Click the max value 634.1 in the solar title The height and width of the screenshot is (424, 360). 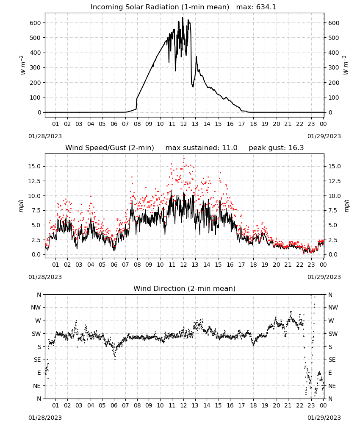pos(266,7)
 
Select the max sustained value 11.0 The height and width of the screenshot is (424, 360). pos(230,148)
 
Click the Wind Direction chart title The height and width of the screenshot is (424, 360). pos(185,288)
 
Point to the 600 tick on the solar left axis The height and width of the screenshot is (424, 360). pos(35,23)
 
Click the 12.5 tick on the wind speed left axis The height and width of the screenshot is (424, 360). pos(34,181)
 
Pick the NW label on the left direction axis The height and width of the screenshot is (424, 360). pos(36,307)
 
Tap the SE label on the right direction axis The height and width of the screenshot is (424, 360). pos(332,360)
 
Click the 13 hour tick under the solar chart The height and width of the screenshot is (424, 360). pos(195,124)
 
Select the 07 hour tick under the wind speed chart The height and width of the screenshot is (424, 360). pos(125,265)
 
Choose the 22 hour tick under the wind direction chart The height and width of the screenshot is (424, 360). pos(299,405)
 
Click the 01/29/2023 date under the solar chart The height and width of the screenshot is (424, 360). pos(324,136)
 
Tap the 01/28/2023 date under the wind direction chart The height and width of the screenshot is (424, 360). pos(45,418)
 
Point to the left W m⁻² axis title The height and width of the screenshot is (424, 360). pos(23,65)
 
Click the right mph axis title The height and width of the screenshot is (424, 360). pos(347,206)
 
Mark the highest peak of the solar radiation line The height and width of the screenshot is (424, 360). pos(182,17)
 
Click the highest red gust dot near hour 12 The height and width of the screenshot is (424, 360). pos(184,159)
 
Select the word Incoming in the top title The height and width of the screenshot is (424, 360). pos(104,7)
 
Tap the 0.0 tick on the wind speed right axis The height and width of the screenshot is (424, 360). pos(333,254)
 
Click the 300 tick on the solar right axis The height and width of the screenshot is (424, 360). pos(334,67)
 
